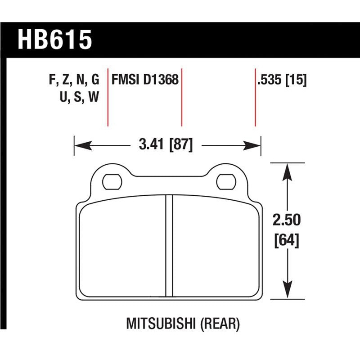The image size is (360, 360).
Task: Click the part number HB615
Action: [x=54, y=40]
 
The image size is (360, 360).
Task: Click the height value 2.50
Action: [x=286, y=221]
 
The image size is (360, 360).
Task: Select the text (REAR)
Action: [x=220, y=323]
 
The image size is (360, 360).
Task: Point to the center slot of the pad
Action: [x=169, y=245]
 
